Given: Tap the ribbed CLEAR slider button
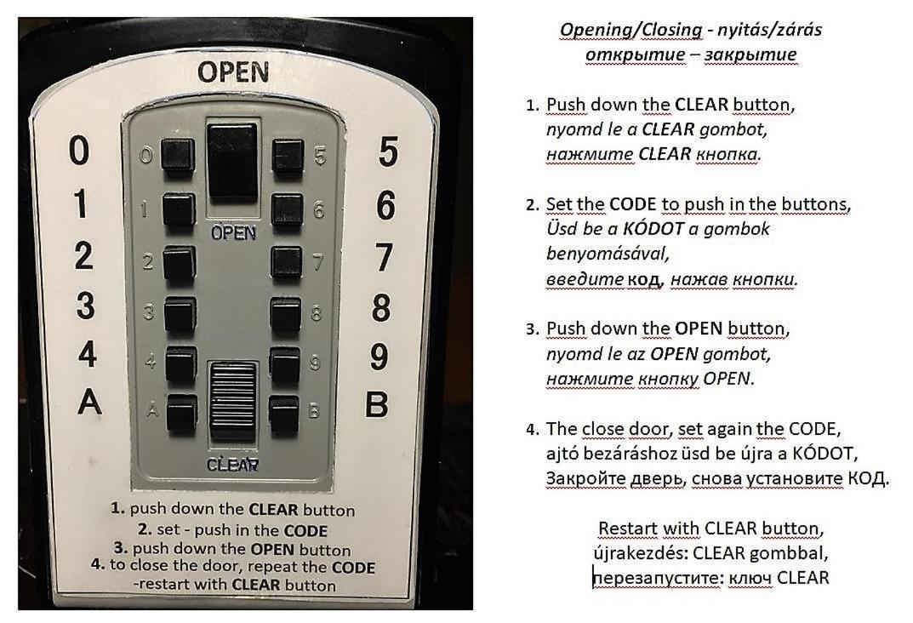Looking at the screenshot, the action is click(233, 401).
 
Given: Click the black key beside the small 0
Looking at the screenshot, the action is click(178, 155).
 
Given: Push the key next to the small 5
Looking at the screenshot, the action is click(288, 155).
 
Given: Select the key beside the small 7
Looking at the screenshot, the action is click(287, 263).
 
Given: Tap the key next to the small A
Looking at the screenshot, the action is click(181, 413).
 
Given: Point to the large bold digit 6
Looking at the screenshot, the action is click(385, 205).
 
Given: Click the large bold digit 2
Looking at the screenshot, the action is click(83, 255).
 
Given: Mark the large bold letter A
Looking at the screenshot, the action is click(89, 402).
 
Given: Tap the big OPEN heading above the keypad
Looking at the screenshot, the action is click(233, 73).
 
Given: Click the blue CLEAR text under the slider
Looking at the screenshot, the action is click(232, 465).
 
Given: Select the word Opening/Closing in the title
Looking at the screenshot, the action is click(631, 30).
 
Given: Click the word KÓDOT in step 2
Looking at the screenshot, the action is click(653, 229).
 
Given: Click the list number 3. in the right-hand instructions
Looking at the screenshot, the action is click(533, 329).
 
